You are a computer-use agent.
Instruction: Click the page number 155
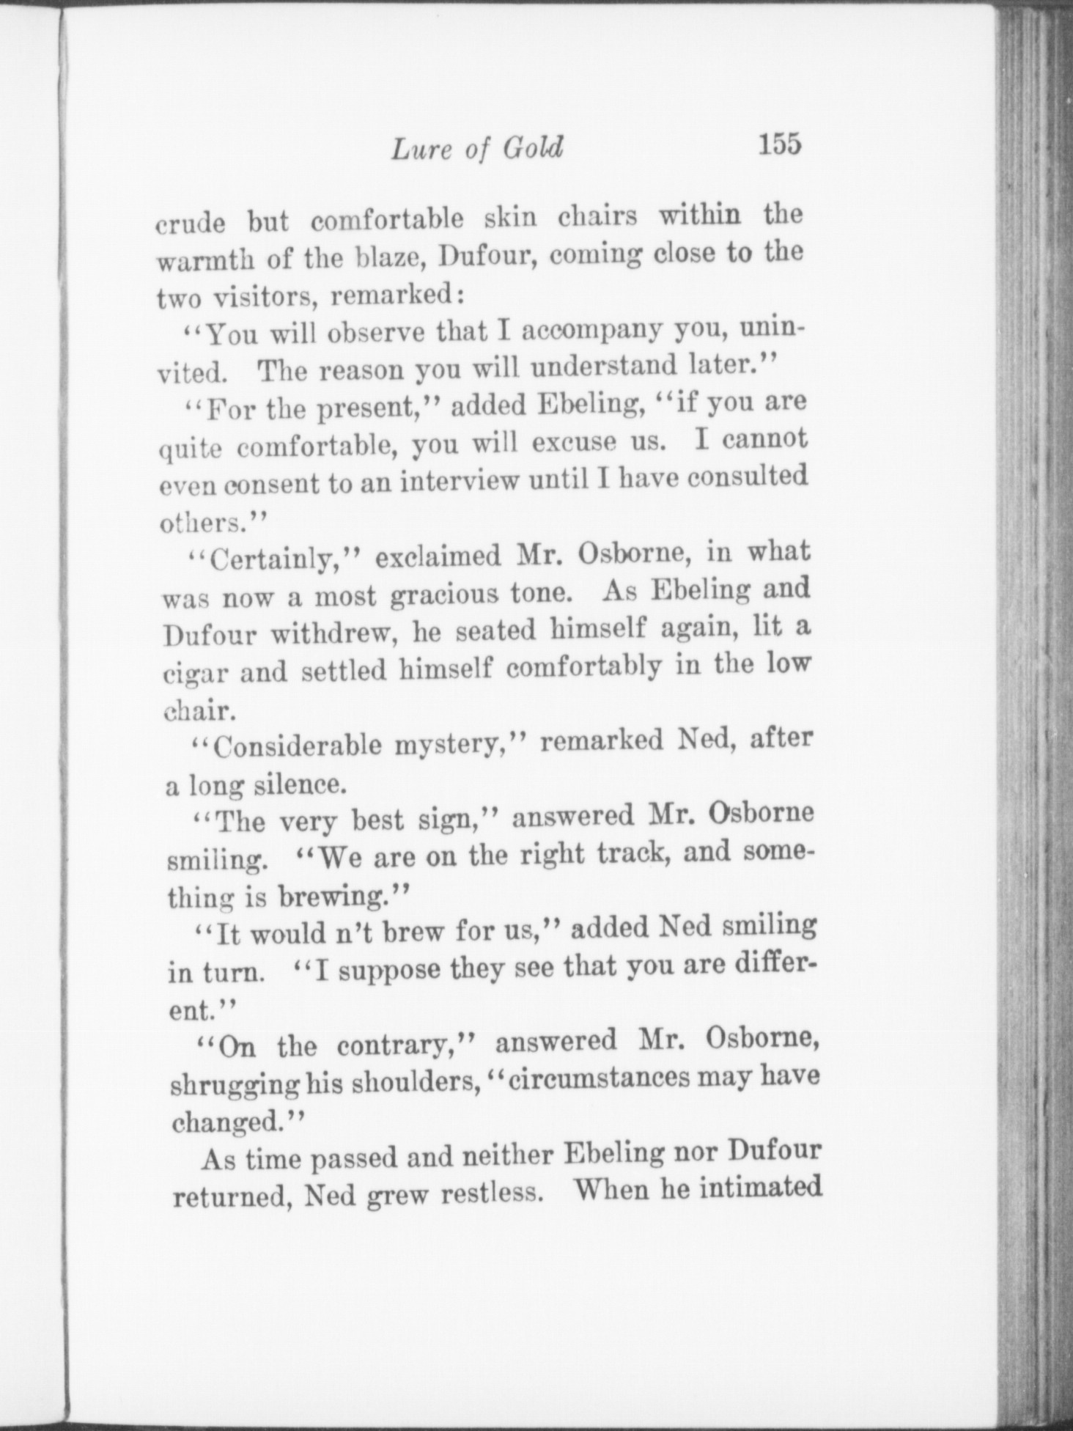(781, 144)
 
